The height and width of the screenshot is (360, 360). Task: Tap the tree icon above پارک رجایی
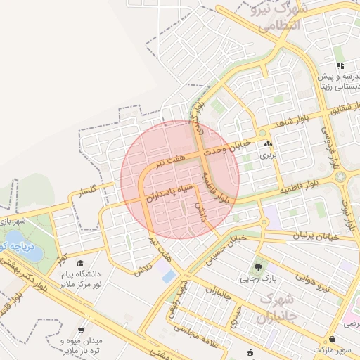pyautogui.click(x=258, y=268)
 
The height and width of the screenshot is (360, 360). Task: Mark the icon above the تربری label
pyautogui.click(x=269, y=144)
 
